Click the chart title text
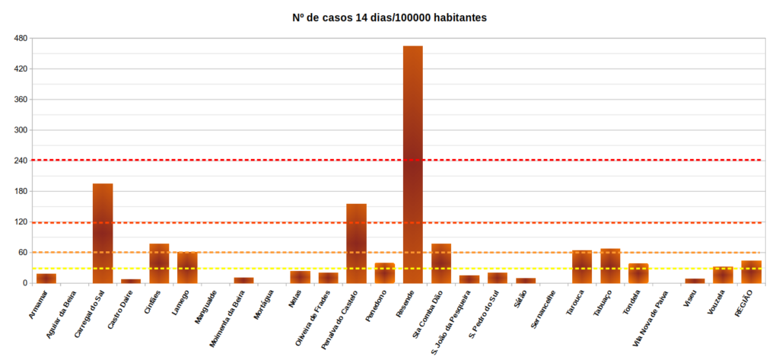pos(389,17)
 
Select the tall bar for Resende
pos(413,164)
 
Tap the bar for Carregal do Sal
pos(103,233)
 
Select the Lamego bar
pos(187,267)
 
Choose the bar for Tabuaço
pos(610,266)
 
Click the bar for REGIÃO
pos(752,272)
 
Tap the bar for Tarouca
pos(582,266)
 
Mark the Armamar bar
pos(46,278)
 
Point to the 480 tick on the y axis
pos(21,38)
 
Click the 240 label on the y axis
pos(21,161)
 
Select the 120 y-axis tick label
pos(21,222)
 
